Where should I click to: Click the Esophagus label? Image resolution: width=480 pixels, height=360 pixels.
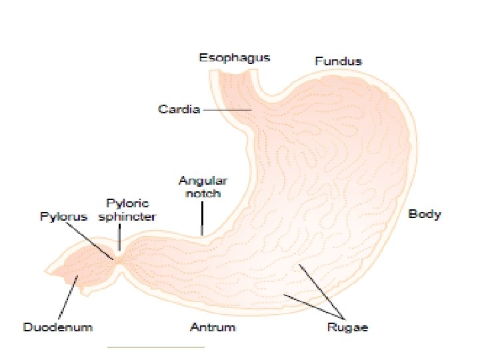coord(235,57)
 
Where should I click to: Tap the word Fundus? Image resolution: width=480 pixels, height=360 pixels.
coord(338,61)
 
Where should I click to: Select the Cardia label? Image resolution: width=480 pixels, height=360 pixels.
coord(179,109)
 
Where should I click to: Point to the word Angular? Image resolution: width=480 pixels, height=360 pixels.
coord(203,181)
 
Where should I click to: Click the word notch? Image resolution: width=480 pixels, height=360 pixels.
coord(203,193)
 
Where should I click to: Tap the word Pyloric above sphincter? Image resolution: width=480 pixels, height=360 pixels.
coord(128,203)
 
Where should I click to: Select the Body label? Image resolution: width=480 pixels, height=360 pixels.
coord(425,214)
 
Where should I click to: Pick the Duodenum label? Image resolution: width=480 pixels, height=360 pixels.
coord(58,327)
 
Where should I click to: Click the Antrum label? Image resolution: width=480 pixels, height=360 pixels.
coord(213,327)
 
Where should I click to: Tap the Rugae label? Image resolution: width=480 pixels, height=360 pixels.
coord(347,327)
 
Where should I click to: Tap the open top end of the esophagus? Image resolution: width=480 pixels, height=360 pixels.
coord(235,71)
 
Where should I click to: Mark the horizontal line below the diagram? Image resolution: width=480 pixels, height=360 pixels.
coord(155,347)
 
